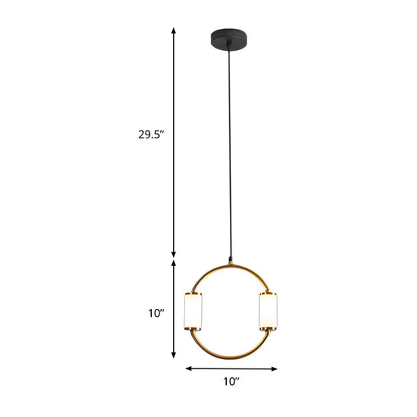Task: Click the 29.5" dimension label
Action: pyautogui.click(x=151, y=134)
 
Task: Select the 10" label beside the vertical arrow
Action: pyautogui.click(x=156, y=313)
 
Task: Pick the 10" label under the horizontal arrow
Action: pyautogui.click(x=231, y=382)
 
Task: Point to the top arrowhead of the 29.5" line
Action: pyautogui.click(x=174, y=30)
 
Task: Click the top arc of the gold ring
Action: pyautogui.click(x=231, y=265)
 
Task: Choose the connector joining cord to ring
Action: pyautogui.click(x=231, y=259)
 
